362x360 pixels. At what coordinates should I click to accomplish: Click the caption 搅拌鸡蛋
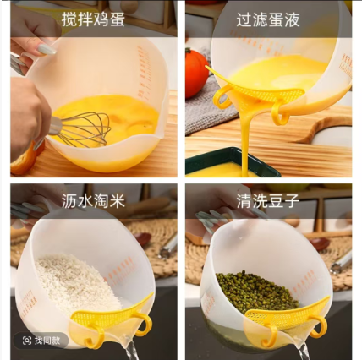[x=93, y=19]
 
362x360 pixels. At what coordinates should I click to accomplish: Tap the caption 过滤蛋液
[x=268, y=19]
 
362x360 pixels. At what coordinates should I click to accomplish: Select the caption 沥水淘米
[x=93, y=201]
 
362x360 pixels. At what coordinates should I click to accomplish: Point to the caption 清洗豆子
[x=268, y=201]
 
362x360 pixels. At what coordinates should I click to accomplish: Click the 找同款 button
[x=41, y=341]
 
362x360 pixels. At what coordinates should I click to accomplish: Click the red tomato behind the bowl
[x=196, y=74]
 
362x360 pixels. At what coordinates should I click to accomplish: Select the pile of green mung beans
[x=256, y=293]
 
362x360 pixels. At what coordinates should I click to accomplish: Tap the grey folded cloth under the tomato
[x=209, y=108]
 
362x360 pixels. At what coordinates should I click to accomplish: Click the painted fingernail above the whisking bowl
[x=47, y=49]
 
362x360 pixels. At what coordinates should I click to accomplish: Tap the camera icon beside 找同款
[x=27, y=341]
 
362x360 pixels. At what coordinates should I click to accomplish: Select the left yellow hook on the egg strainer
[x=222, y=97]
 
